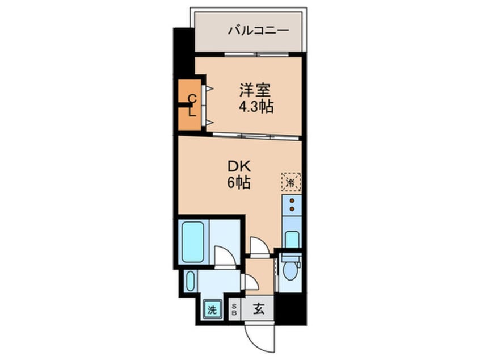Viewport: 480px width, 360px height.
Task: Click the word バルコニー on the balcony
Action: pyautogui.click(x=259, y=30)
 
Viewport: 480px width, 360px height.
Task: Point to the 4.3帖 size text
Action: pyautogui.click(x=256, y=106)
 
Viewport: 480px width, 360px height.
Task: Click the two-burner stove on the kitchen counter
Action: pyautogui.click(x=292, y=205)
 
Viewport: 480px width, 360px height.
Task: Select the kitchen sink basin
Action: pyautogui.click(x=292, y=240)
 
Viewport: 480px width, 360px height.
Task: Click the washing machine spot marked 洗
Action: pyautogui.click(x=212, y=310)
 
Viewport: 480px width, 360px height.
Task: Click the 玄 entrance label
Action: pyautogui.click(x=259, y=309)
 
